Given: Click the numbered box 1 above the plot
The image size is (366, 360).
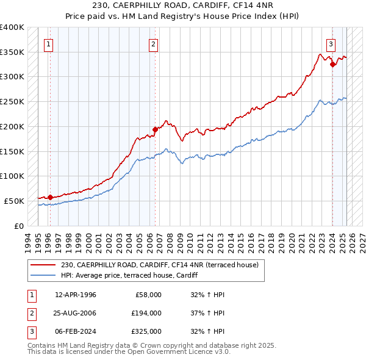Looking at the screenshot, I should [48, 44].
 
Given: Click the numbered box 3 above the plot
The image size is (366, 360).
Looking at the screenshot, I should [330, 44].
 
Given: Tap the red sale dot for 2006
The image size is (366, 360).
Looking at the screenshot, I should [155, 129].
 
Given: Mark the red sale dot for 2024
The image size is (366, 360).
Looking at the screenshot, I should [332, 64].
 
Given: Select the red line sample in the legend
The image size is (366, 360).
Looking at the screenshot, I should [43, 265].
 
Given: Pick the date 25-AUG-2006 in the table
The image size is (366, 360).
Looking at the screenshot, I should [76, 313].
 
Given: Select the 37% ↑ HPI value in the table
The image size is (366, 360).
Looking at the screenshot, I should [208, 313].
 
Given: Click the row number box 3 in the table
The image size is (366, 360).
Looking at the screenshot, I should [30, 331].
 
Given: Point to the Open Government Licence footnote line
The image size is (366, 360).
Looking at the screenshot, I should [129, 352].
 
